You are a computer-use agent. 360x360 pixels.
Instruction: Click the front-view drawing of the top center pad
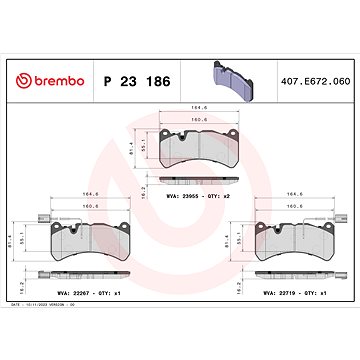pyautogui.click(x=200, y=148)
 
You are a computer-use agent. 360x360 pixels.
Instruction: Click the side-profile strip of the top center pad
pyautogui.click(x=200, y=184)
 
